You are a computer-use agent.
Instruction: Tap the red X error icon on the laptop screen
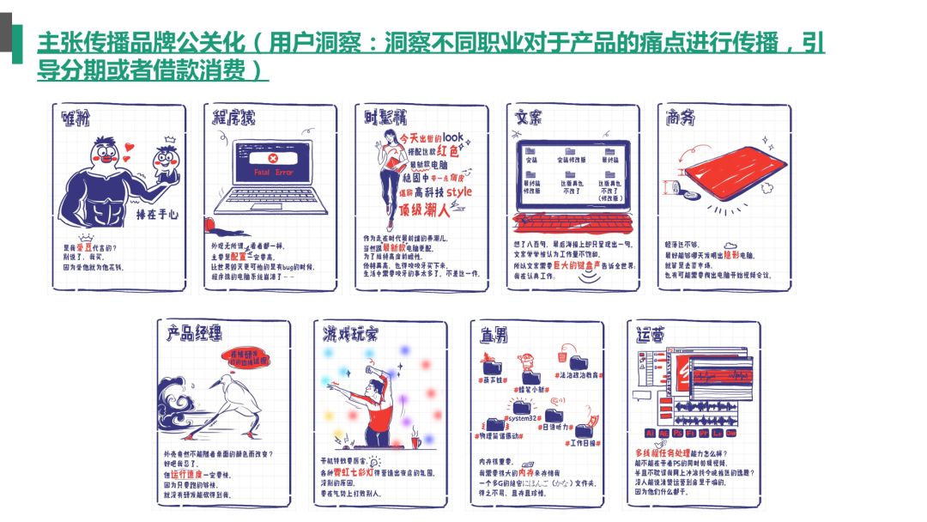pyautogui.click(x=273, y=158)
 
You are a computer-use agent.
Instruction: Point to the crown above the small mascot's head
pyautogui.click(x=168, y=138)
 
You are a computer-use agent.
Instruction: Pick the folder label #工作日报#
pyautogui.click(x=582, y=442)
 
